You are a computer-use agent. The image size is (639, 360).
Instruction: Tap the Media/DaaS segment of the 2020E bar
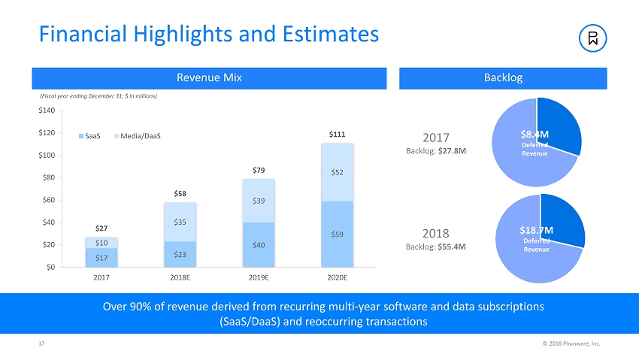click(x=338, y=172)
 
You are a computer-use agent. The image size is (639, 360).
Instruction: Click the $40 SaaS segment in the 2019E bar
click(x=259, y=245)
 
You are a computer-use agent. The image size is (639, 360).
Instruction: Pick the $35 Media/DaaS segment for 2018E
click(x=180, y=222)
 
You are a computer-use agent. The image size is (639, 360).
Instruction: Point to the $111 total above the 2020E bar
click(x=338, y=135)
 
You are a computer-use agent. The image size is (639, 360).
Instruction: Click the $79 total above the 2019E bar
click(x=259, y=170)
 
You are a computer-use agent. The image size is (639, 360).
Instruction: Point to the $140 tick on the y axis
click(x=47, y=110)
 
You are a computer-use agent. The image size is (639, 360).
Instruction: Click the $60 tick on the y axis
click(x=49, y=200)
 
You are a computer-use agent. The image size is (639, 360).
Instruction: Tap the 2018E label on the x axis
click(x=180, y=277)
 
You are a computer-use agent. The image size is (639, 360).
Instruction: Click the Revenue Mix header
click(x=209, y=77)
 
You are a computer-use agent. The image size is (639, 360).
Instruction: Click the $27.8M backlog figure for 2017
click(x=452, y=150)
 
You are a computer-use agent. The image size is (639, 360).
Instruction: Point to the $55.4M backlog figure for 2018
click(x=452, y=246)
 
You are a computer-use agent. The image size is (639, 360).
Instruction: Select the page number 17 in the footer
click(x=41, y=343)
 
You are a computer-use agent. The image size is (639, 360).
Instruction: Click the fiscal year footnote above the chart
click(x=97, y=96)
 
